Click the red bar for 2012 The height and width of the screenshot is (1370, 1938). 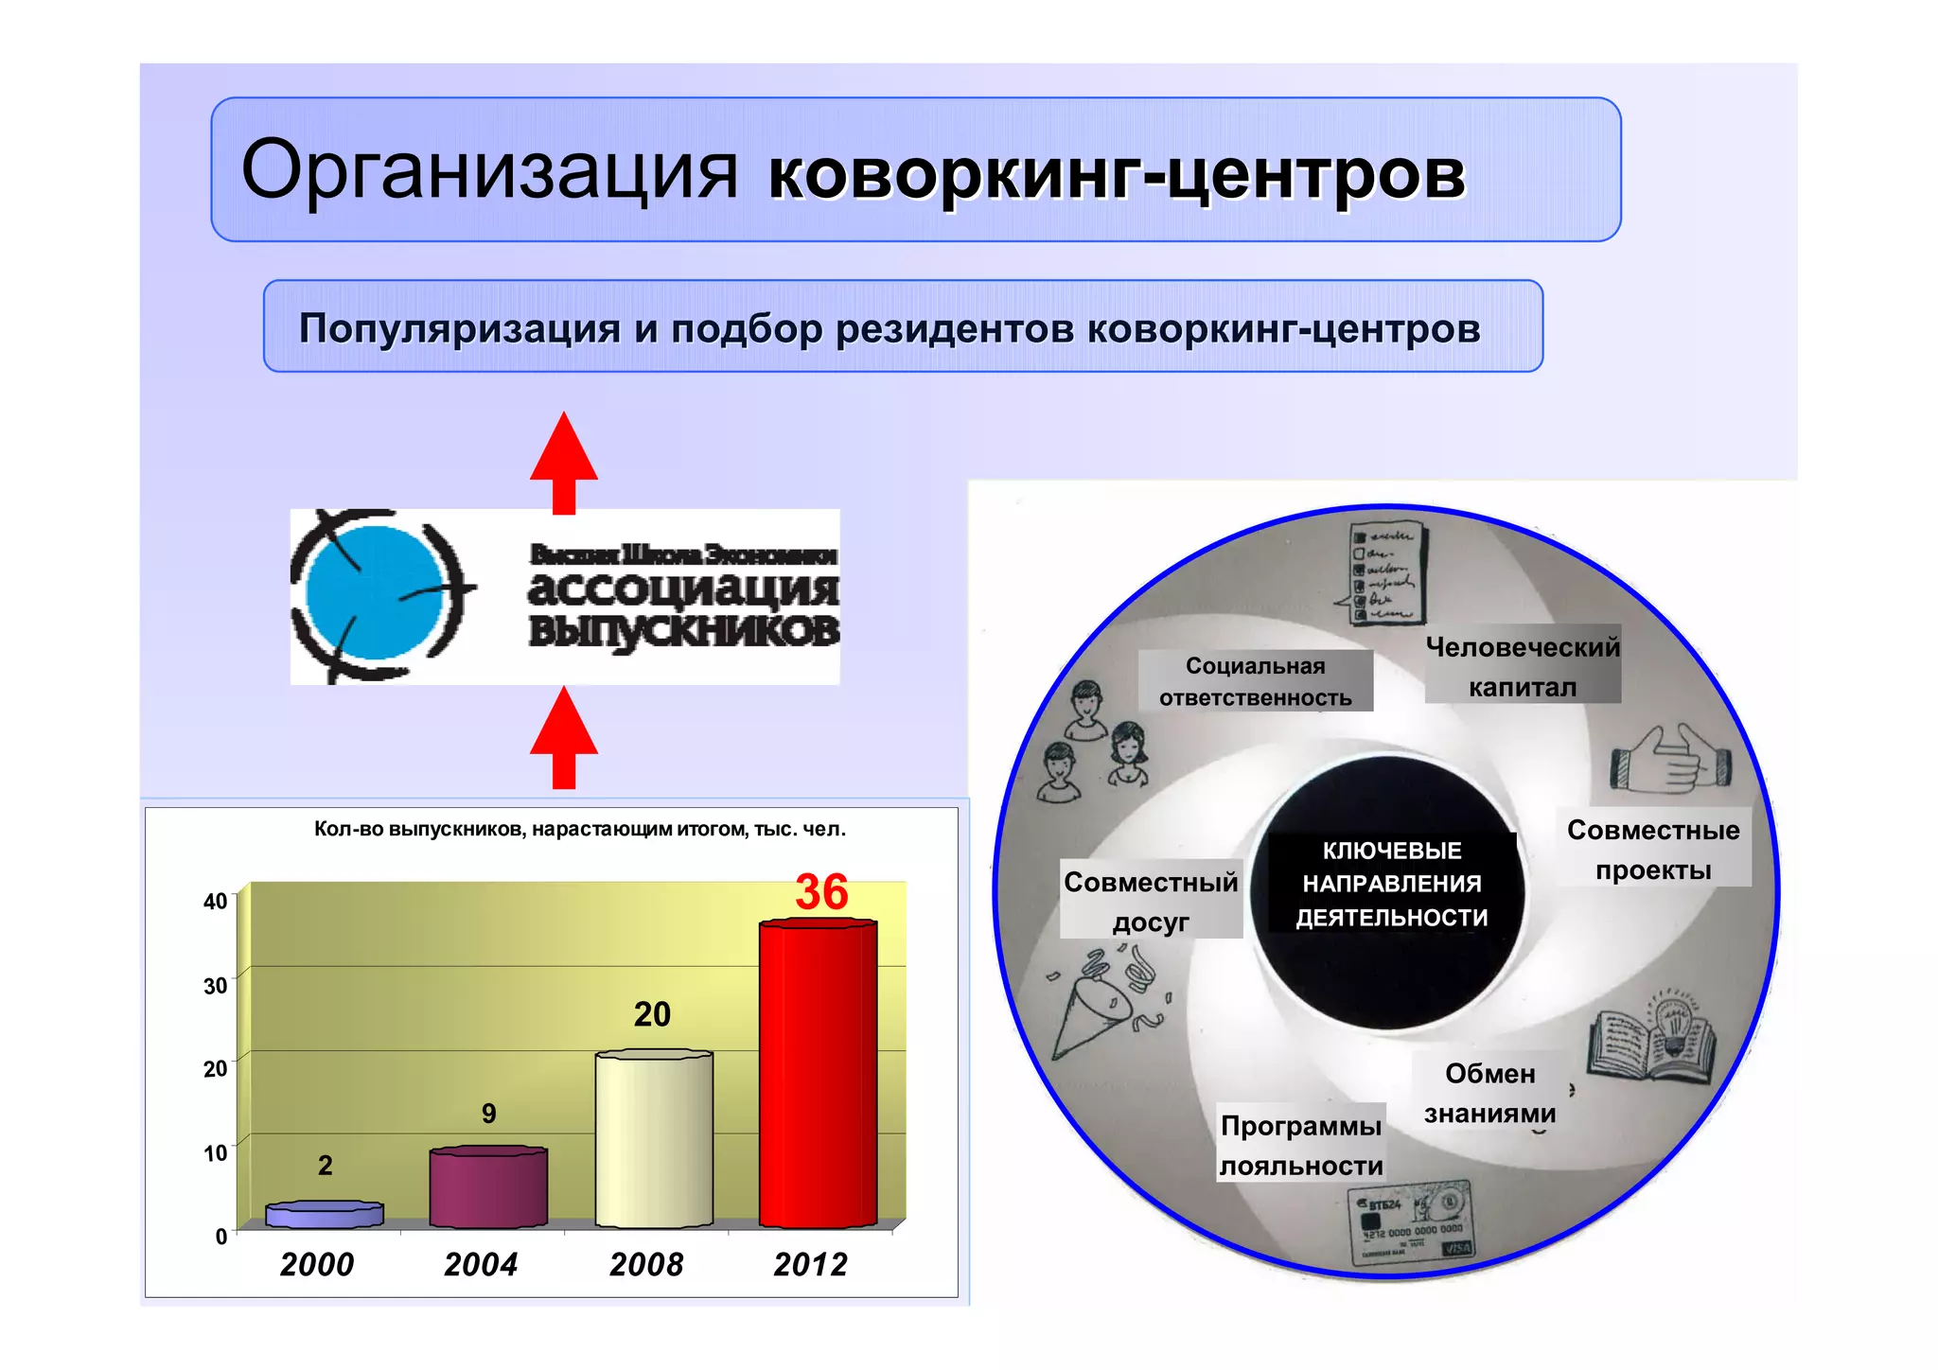pyautogui.click(x=818, y=1074)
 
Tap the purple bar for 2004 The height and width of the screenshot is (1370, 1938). pyautogui.click(x=488, y=1186)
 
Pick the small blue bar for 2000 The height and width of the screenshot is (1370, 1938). pyautogui.click(x=325, y=1215)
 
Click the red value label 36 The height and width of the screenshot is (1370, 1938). pyautogui.click(x=821, y=892)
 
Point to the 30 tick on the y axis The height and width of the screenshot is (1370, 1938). pyautogui.click(x=215, y=985)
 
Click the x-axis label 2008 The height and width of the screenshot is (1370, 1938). pyautogui.click(x=646, y=1264)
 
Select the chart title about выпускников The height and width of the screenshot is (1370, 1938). pyautogui.click(x=579, y=830)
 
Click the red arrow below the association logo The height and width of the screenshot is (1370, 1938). pyautogui.click(x=564, y=737)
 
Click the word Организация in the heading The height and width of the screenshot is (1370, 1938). pyautogui.click(x=488, y=170)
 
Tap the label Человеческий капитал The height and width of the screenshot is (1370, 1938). pyautogui.click(x=1522, y=666)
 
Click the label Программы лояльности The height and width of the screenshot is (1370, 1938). pyautogui.click(x=1301, y=1145)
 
